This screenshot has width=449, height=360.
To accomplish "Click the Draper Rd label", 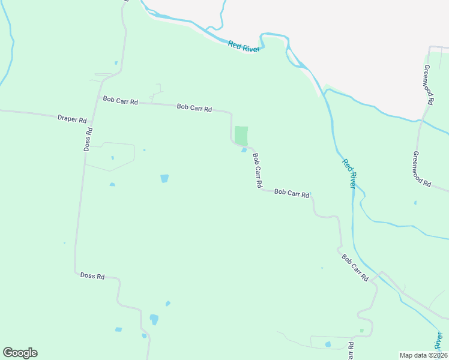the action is (x=72, y=119).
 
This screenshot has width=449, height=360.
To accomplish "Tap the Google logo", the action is (x=20, y=353).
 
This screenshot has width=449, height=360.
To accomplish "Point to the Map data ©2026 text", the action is (x=423, y=355).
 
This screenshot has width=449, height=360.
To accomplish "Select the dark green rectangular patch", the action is (x=241, y=135).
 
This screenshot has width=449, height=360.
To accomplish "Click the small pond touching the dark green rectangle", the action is (x=244, y=150).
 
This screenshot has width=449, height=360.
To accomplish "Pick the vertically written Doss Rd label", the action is (x=88, y=139).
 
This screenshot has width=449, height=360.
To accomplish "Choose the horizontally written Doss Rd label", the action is (x=92, y=276).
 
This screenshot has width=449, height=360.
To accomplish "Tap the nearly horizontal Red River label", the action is (x=244, y=46).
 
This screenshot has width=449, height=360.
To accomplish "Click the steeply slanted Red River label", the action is (x=349, y=173).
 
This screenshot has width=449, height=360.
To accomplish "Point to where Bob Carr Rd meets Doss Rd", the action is (x=99, y=98).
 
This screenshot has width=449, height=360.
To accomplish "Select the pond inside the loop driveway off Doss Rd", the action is (x=112, y=158).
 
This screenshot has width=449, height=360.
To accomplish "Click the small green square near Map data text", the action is (x=361, y=331).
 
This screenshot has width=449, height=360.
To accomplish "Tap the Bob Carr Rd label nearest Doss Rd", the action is (x=120, y=101).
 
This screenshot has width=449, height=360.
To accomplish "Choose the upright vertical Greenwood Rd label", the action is (x=428, y=85).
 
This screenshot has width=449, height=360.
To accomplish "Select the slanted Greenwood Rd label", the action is (x=422, y=169).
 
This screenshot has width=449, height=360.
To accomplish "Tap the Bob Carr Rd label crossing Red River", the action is (x=355, y=268).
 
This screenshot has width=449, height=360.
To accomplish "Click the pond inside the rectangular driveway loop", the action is (x=328, y=344).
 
